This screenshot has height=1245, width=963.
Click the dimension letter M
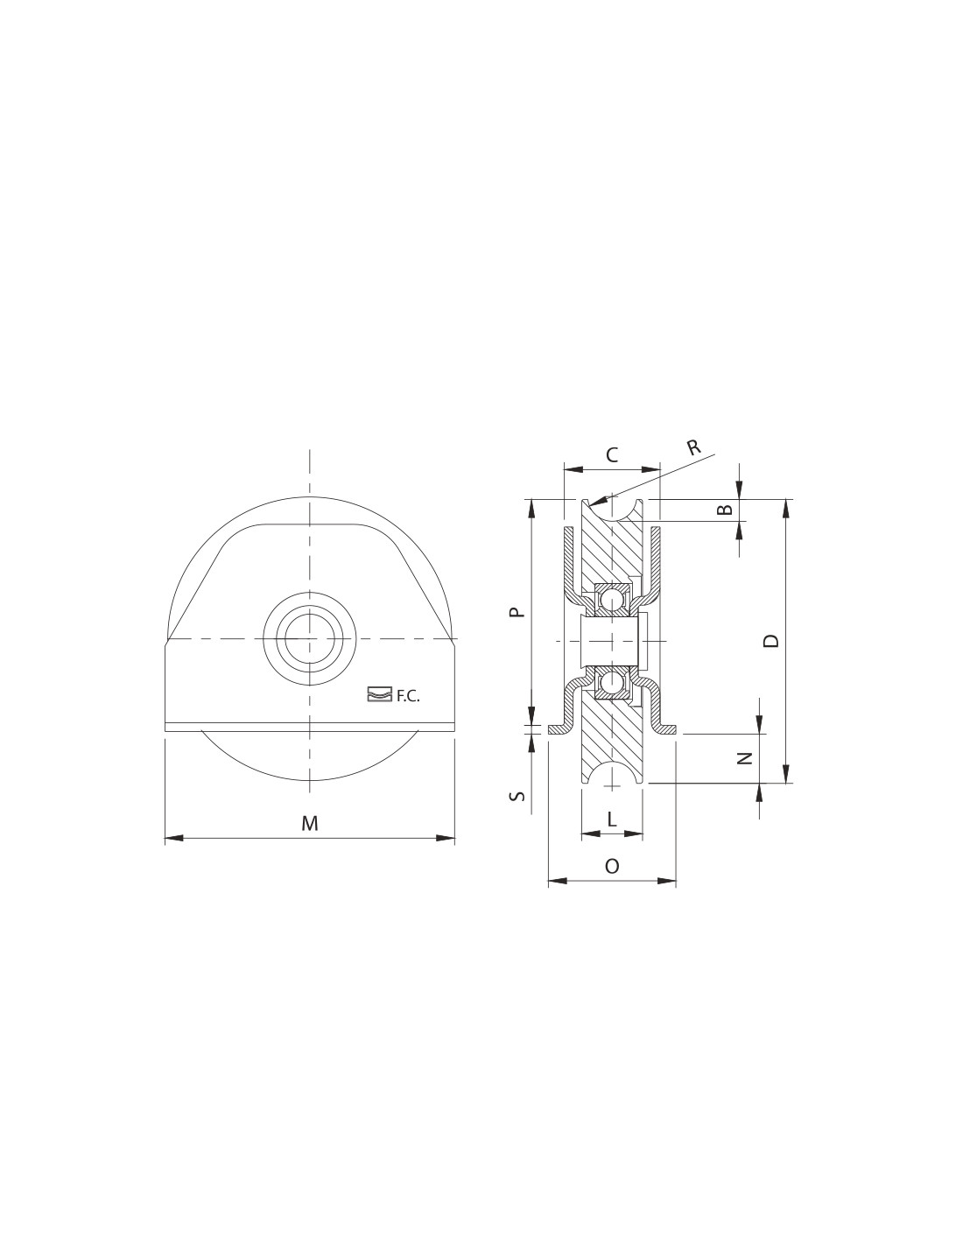[309, 824]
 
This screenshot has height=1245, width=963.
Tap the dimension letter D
[772, 641]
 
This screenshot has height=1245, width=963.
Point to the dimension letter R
[693, 447]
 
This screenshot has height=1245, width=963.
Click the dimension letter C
[612, 455]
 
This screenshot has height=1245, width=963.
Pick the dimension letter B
[725, 510]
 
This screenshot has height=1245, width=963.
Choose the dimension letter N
[743, 758]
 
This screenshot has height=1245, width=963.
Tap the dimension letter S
[517, 796]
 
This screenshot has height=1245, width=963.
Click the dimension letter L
[612, 819]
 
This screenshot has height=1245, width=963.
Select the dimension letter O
[612, 866]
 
